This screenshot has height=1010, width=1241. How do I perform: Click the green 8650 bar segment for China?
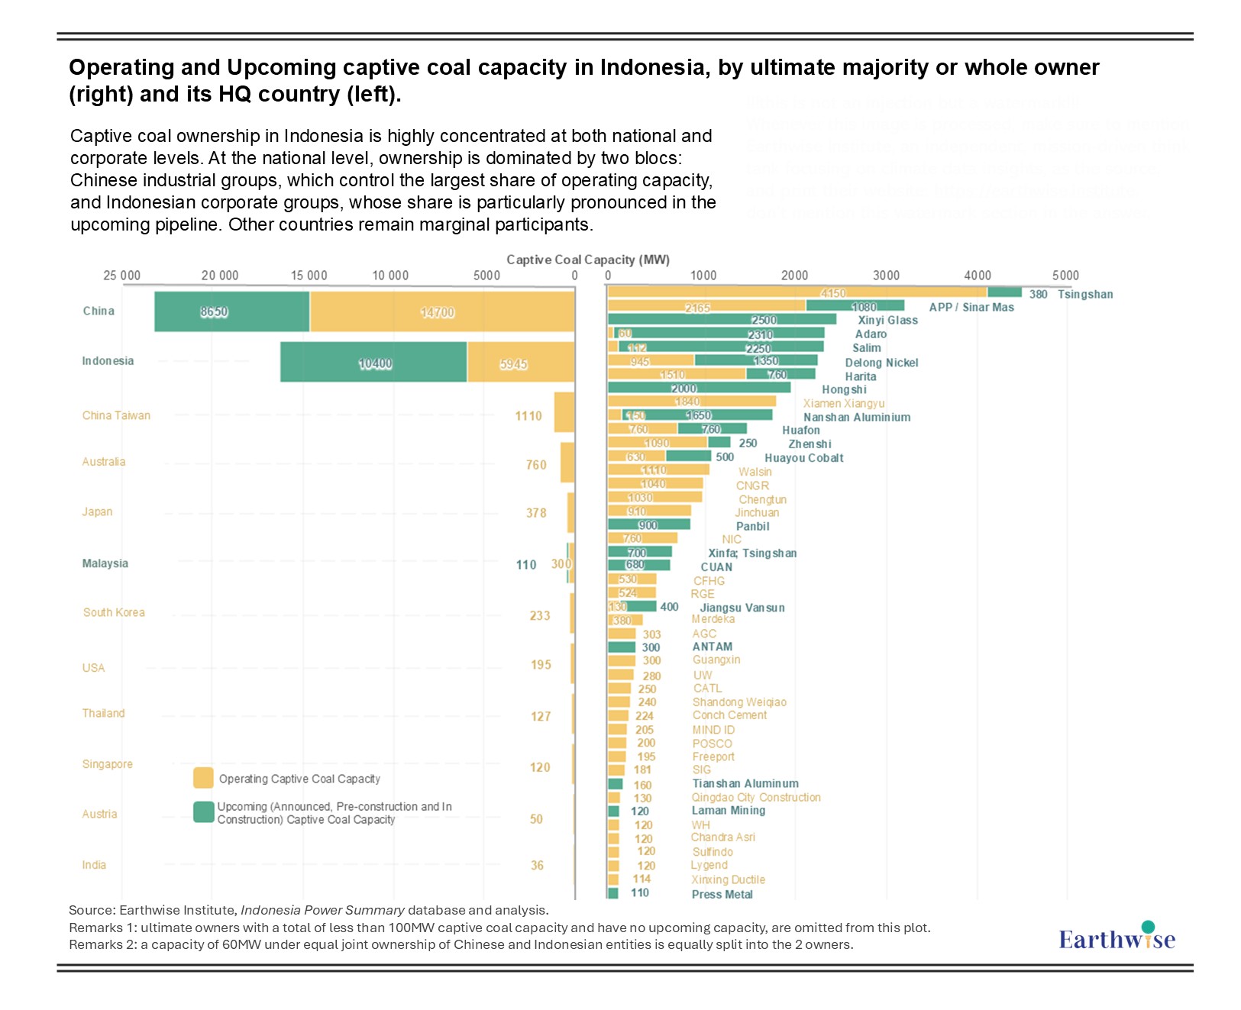click(231, 311)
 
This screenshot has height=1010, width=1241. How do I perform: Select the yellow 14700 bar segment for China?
click(442, 311)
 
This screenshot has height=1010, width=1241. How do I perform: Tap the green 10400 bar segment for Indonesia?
click(373, 363)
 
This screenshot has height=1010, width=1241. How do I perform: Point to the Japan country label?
click(97, 511)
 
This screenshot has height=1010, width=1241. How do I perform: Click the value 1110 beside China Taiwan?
click(528, 416)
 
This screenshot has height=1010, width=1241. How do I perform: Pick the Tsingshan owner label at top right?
click(1085, 295)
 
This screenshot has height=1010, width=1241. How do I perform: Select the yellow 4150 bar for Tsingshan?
click(797, 292)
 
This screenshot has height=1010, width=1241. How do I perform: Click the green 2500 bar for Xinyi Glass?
click(722, 320)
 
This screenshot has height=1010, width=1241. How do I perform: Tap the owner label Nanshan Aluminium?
click(857, 418)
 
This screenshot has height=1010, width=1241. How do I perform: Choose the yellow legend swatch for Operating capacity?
click(203, 778)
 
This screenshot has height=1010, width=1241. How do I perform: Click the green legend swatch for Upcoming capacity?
click(203, 812)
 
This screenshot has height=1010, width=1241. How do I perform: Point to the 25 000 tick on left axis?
click(122, 276)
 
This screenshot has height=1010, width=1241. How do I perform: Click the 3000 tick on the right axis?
click(886, 276)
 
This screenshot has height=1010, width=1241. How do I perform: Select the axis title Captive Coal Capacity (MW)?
click(588, 260)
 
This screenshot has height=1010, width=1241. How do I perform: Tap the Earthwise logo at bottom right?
click(1117, 937)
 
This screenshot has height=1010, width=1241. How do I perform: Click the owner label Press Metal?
click(722, 894)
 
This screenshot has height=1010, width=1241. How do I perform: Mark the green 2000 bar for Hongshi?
click(699, 388)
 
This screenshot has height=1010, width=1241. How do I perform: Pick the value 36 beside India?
click(538, 865)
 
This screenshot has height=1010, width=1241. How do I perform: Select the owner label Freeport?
click(713, 757)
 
